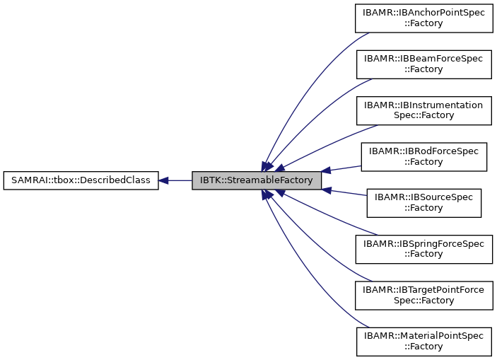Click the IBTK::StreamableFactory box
pos(257,180)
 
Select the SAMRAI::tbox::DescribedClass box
pos(81,180)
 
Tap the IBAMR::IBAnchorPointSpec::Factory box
pos(423,18)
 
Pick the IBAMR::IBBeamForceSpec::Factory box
pos(423,64)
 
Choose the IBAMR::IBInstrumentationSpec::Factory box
pos(423,110)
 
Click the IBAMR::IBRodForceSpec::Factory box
pos(423,156)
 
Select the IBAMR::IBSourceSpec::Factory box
pos(423,202)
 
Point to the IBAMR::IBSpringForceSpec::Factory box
pos(423,248)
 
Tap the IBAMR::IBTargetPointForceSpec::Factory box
pos(423,294)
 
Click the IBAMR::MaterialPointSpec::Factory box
pos(423,341)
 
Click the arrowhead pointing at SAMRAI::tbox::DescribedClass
pos(163,180)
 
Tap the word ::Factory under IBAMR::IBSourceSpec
pos(423,208)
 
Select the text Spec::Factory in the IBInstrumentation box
pos(423,115)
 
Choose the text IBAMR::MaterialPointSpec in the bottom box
pos(423,335)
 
